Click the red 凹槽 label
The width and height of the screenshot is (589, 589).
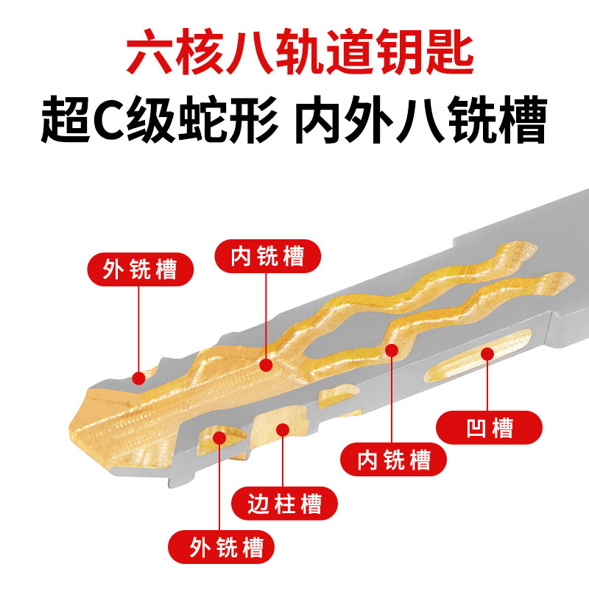click(x=490, y=428)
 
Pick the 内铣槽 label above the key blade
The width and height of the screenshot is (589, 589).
click(x=268, y=256)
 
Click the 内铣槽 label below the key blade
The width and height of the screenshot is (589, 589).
click(x=394, y=460)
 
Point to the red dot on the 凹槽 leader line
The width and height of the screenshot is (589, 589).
click(x=487, y=355)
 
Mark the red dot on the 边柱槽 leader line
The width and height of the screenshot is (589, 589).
click(x=282, y=429)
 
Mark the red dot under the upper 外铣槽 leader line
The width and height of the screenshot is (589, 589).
click(x=138, y=378)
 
